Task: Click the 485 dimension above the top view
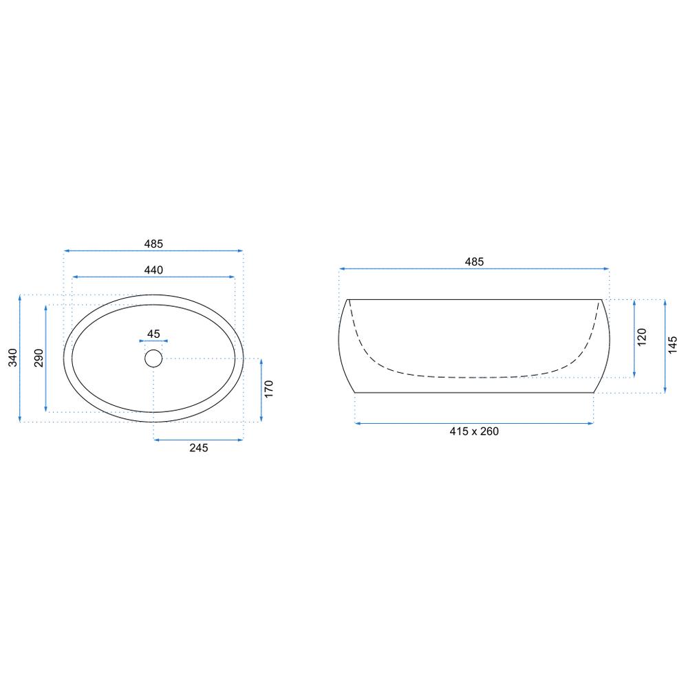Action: point(153,244)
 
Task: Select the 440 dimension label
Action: point(153,270)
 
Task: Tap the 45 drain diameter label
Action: point(153,334)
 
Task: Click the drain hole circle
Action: point(153,358)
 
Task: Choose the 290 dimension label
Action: point(39,358)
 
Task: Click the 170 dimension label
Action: point(269,389)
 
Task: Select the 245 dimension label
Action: point(198,448)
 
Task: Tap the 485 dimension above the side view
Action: point(474,261)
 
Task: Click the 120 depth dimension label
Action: point(642,338)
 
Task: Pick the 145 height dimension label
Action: point(674,345)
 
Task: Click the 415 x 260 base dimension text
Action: point(474,431)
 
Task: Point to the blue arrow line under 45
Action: point(153,341)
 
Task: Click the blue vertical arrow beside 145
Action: point(665,346)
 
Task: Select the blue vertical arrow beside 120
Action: point(634,338)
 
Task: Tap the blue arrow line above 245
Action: point(198,439)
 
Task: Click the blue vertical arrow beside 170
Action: point(261,389)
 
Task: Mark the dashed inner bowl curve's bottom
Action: point(474,377)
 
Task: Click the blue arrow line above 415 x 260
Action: point(474,423)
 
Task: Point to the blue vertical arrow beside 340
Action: point(21,358)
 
